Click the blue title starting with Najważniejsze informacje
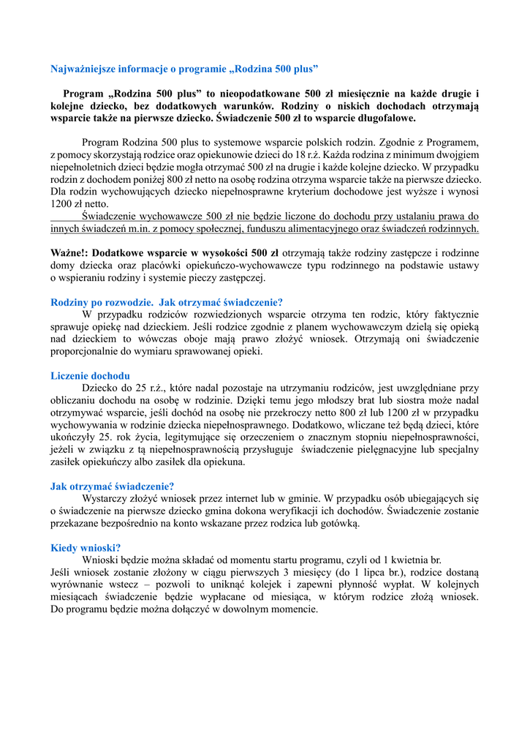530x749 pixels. (x=184, y=69)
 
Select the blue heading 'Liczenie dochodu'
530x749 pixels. (x=90, y=376)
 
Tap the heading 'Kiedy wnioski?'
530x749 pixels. (x=86, y=547)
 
